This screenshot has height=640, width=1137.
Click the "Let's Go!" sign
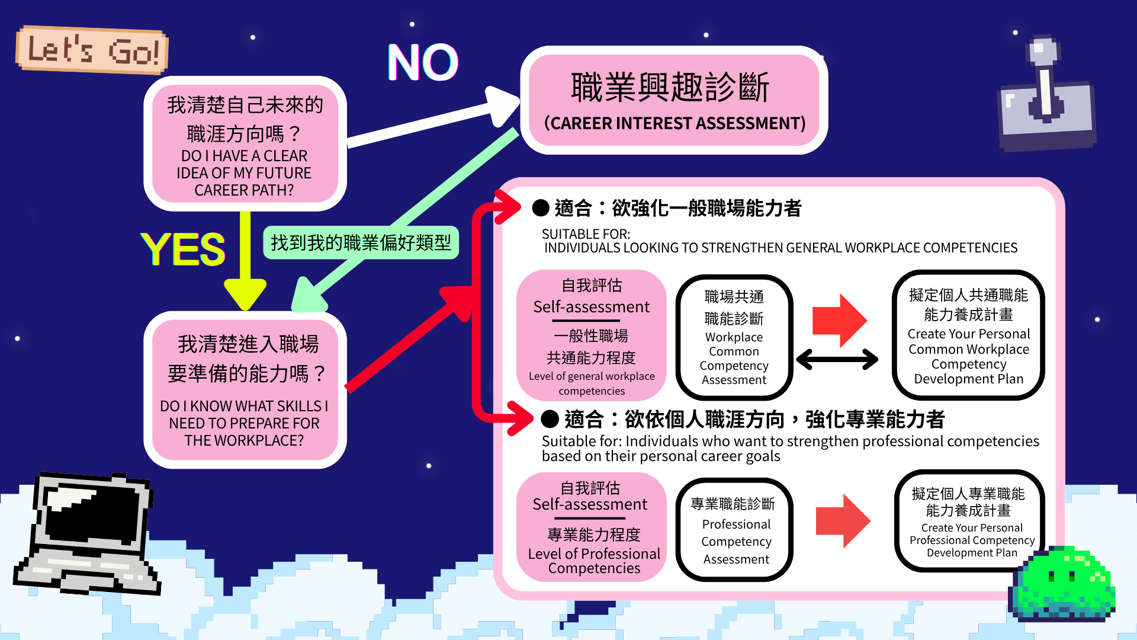92,50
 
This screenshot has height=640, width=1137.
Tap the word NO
423,62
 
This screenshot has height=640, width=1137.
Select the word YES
183,249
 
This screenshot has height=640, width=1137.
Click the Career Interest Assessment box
674,100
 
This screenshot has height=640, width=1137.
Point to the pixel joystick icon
1046,95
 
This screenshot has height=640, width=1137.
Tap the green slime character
1063,584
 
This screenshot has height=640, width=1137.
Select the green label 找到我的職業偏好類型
361,242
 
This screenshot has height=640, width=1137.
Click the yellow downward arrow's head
245,293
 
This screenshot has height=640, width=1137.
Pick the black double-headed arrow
837,359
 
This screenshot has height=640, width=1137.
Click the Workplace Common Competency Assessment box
734,337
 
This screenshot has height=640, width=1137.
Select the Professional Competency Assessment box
734,530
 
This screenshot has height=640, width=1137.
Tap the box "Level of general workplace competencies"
592,335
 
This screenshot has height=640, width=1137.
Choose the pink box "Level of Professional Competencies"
592,527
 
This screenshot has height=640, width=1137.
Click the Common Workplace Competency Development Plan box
968,335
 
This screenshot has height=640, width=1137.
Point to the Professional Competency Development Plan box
969,521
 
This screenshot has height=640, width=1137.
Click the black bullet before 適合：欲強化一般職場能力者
541,208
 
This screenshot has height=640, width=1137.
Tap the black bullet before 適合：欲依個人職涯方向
550,419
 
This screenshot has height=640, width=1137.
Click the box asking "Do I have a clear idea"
245,144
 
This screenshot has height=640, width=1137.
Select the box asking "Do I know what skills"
245,390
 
